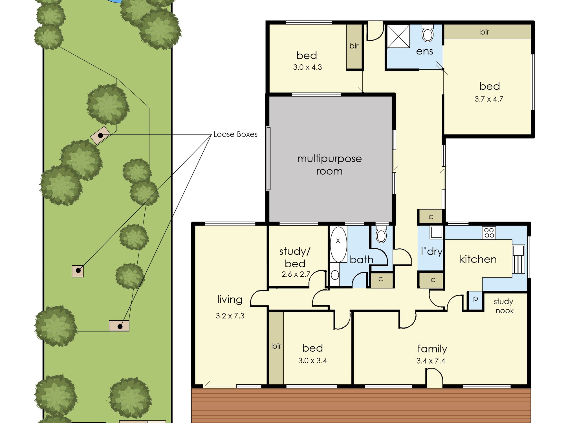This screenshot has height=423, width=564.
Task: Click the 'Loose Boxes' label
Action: tap(235, 134)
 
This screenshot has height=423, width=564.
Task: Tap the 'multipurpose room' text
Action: tap(329, 165)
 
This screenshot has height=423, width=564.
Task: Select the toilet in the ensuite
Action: tap(428, 33)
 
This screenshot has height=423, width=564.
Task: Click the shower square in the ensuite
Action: tap(398, 36)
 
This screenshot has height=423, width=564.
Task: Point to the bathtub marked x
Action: tap(338, 244)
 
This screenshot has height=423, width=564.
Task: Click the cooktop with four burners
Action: tap(489, 233)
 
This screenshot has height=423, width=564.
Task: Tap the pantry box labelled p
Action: tap(475, 300)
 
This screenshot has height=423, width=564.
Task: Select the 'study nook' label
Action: tap(504, 306)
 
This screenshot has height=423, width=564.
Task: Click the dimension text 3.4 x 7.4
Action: tap(431, 361)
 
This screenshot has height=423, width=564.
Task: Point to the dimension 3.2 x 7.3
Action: tap(230, 316)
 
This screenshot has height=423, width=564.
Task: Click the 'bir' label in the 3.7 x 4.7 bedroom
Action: tap(484, 32)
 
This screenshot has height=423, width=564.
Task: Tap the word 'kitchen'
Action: tap(478, 259)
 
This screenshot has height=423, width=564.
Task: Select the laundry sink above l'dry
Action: tap(437, 232)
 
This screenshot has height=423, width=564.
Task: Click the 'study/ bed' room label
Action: tap(295, 257)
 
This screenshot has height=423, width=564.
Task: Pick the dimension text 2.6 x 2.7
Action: tap(296, 274)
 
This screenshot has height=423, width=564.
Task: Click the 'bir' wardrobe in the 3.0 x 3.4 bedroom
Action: tap(276, 348)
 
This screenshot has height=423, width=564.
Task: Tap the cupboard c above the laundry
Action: tap(431, 217)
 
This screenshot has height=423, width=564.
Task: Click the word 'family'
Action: tap(432, 349)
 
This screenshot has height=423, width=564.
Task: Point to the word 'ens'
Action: tap(424, 51)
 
